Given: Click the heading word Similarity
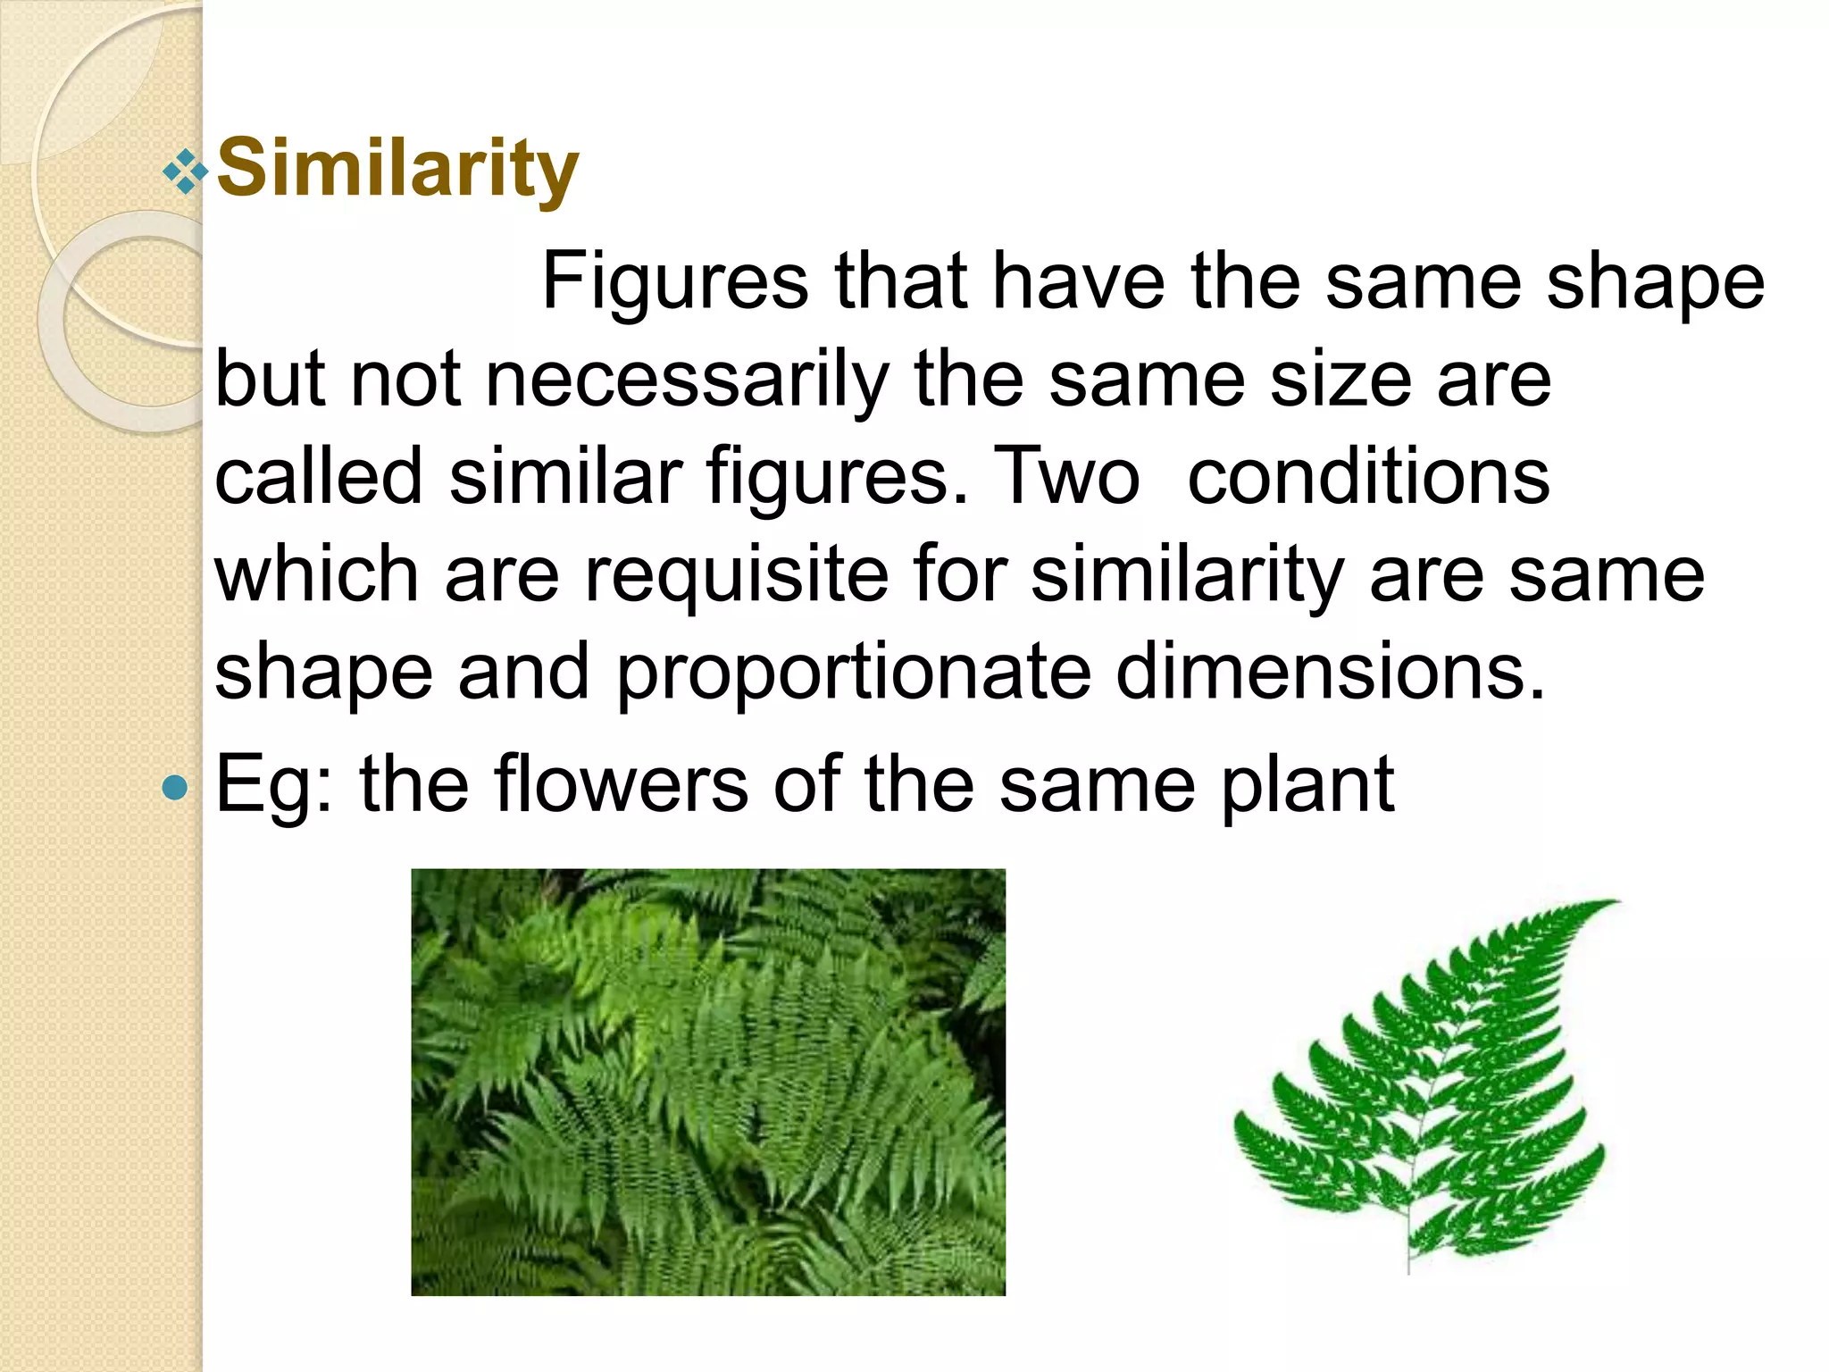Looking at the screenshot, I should tap(397, 170).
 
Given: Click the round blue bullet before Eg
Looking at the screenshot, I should tap(176, 787).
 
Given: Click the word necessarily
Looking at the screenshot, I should tap(687, 380).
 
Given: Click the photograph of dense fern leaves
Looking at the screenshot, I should tap(707, 1082).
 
